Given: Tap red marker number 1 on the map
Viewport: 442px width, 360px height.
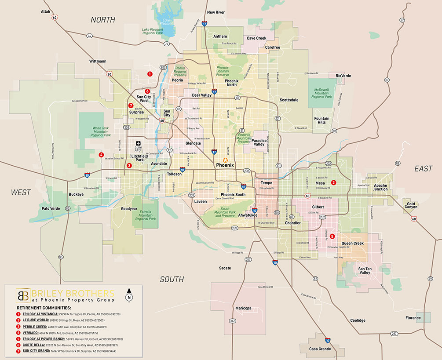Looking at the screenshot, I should tap(150, 74).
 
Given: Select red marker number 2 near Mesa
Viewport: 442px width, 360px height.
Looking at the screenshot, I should tap(334, 182).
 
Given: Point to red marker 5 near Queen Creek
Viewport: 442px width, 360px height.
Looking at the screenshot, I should tap(332, 236).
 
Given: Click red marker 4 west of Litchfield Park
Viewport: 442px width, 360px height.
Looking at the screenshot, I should tap(101, 155).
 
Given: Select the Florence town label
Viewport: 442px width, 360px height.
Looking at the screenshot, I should tap(413, 318).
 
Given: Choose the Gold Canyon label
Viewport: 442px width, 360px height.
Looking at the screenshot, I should tap(412, 205).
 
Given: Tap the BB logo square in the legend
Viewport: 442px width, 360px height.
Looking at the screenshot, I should tap(23, 295).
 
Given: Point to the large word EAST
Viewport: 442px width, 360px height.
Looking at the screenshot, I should tap(423, 169).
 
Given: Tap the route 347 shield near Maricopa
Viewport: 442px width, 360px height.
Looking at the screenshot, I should tap(232, 321).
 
